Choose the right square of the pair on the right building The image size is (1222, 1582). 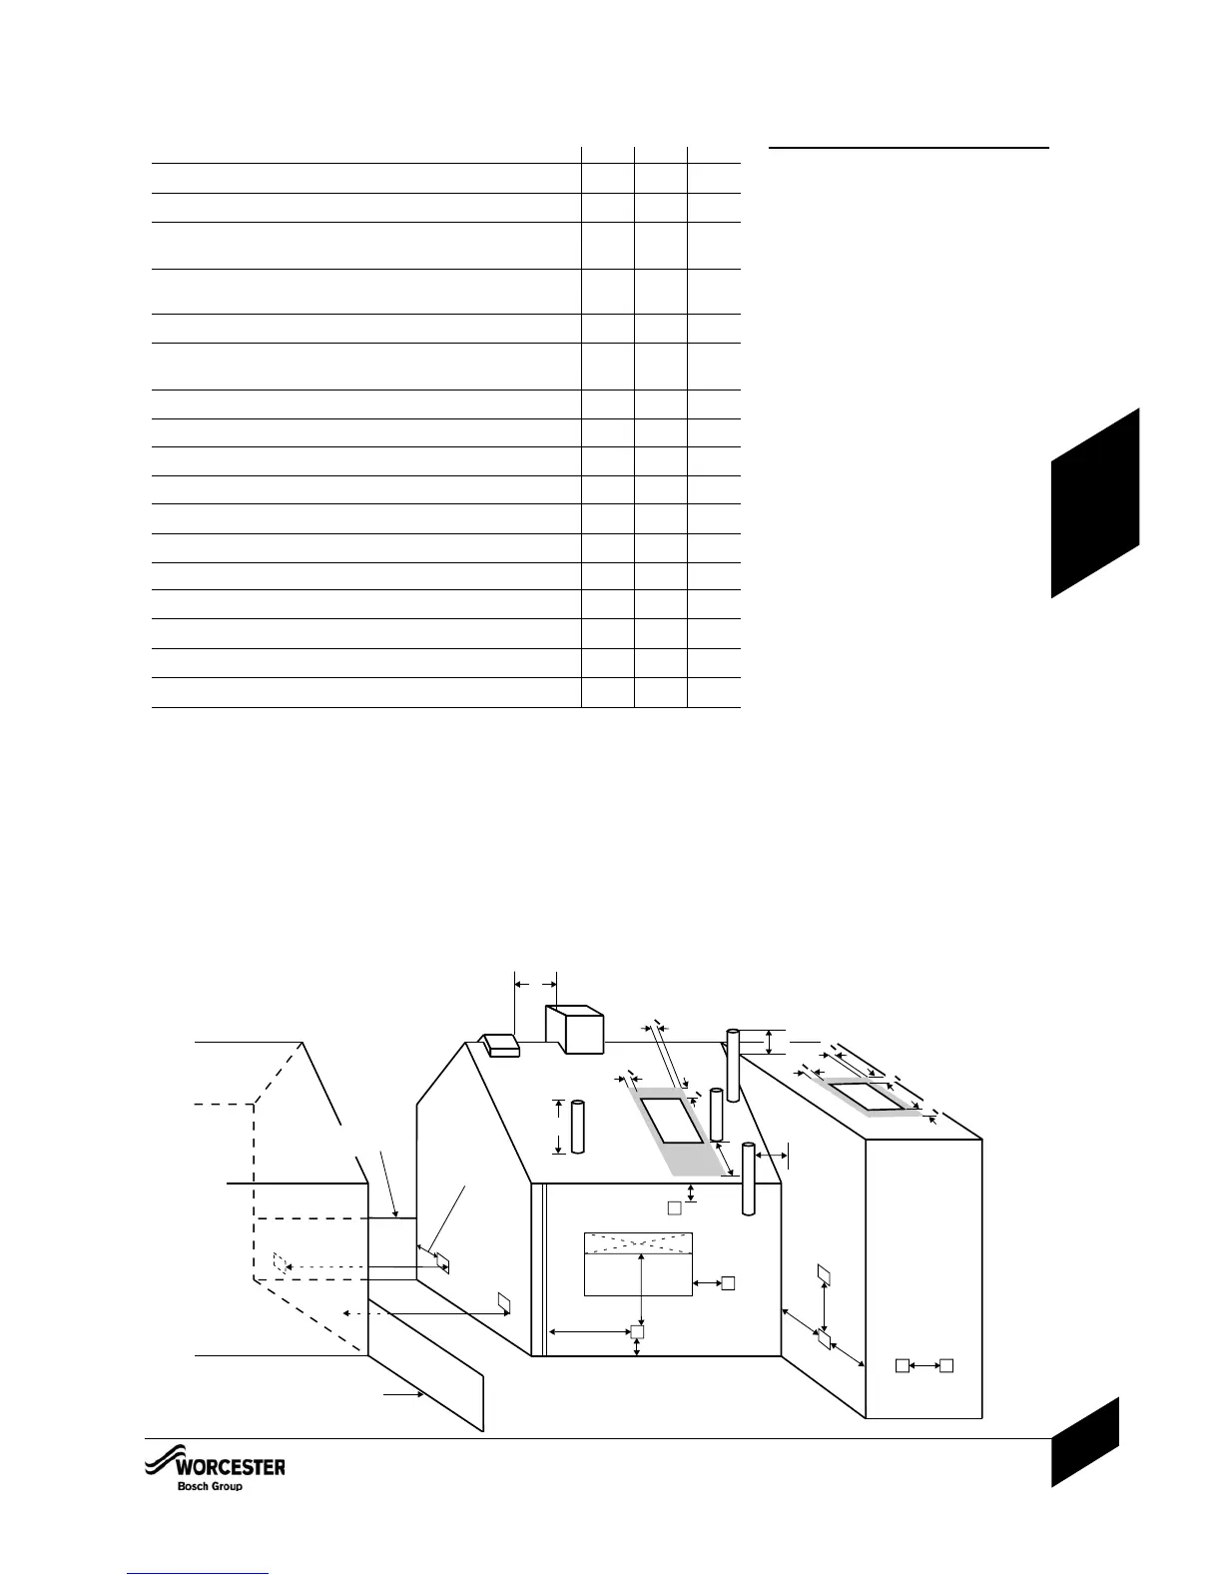[948, 1364]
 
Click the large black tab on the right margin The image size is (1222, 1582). [1094, 504]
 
